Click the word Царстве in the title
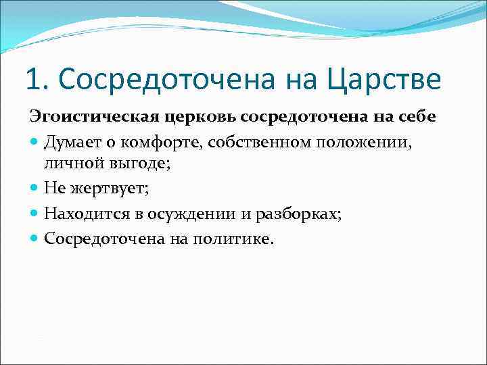(x=385, y=79)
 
